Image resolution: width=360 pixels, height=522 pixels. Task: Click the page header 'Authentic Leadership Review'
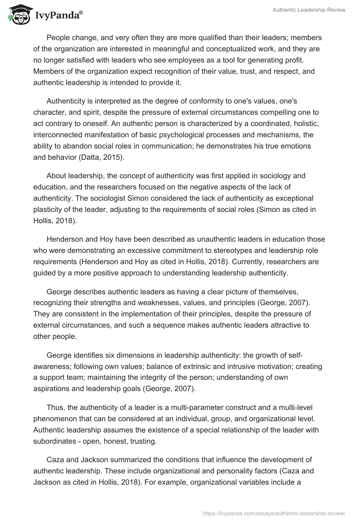point(309,10)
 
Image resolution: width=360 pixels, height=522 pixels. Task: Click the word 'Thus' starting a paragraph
point(54,408)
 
